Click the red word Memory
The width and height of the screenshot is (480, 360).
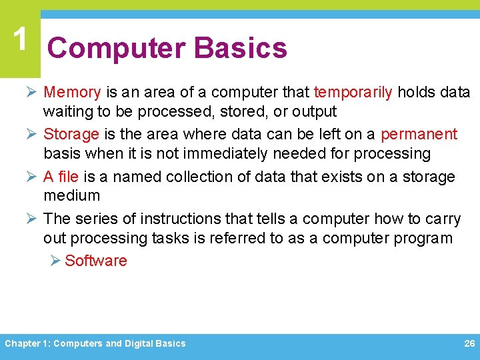[x=72, y=92]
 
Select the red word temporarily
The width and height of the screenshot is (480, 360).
[x=353, y=92]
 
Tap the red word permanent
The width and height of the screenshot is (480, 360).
[x=419, y=134]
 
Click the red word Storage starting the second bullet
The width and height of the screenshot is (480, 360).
[x=71, y=134]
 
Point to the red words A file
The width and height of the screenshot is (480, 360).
[x=61, y=177]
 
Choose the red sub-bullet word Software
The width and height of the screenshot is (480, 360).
[x=96, y=261]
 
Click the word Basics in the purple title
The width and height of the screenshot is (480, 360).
[x=240, y=48]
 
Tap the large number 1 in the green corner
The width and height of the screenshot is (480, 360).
[x=21, y=40]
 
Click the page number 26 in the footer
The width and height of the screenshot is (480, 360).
[x=469, y=343]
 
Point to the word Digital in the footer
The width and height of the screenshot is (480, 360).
[x=139, y=343]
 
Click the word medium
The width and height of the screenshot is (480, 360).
[x=71, y=195]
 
